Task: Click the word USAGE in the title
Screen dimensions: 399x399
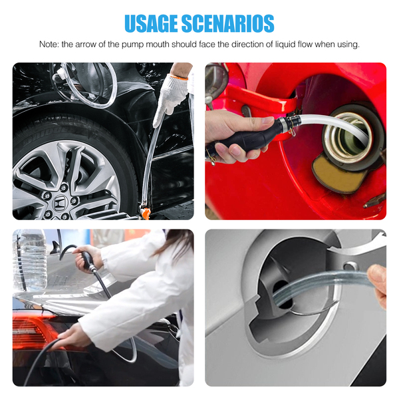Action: tap(151, 23)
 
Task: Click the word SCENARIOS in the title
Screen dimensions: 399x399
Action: tap(227, 23)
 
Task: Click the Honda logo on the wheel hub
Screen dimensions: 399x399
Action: tap(61, 203)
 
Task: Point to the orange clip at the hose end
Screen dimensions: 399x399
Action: tap(146, 213)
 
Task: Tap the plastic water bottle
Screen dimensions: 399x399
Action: tap(31, 259)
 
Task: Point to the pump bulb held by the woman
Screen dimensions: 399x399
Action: tap(87, 261)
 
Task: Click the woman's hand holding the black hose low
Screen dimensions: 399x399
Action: tap(73, 336)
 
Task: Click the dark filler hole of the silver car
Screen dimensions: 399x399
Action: tap(282, 293)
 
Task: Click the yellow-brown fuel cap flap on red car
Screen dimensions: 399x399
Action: tap(335, 174)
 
